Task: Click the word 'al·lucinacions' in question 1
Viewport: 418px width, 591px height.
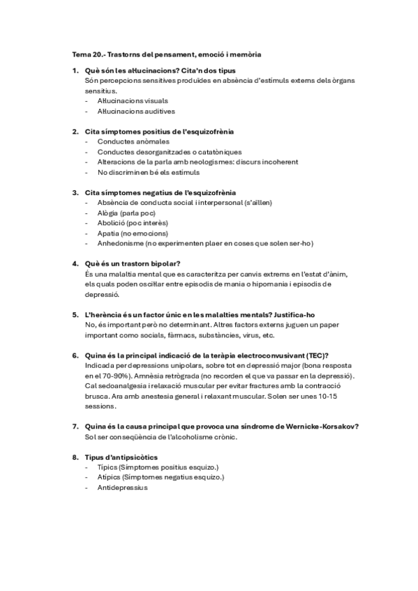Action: pos(143,70)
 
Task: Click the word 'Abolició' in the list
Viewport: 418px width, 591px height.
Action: pos(110,223)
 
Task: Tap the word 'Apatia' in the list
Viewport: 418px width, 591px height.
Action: pos(108,233)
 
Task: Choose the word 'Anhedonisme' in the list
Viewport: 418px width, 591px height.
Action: pos(119,243)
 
